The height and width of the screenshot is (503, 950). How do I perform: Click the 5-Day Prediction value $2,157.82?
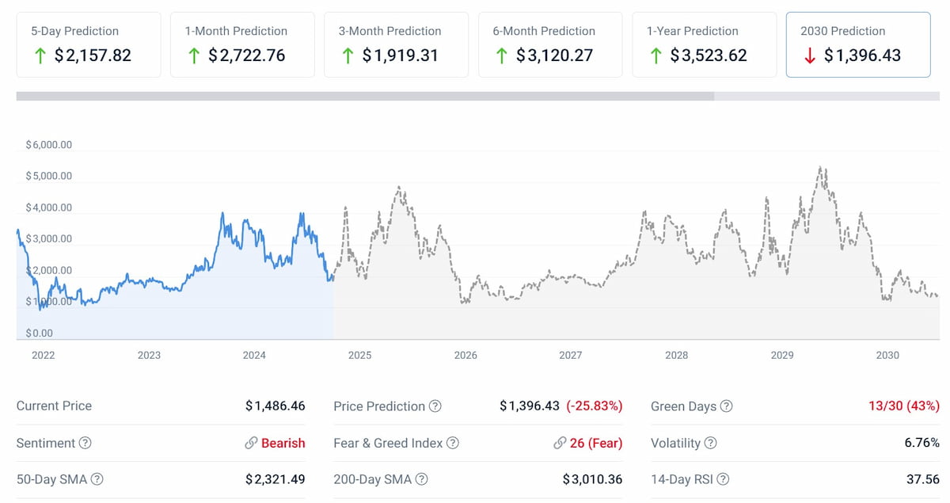point(93,55)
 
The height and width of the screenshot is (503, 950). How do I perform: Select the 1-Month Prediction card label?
point(236,31)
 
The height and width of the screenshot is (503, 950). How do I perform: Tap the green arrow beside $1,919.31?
point(348,55)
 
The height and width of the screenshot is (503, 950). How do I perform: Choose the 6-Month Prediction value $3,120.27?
point(554,55)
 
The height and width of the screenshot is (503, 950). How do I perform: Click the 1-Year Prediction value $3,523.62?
point(708,55)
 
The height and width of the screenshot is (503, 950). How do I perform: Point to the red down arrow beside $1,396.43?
point(808,55)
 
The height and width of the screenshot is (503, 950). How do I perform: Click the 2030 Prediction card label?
point(842,31)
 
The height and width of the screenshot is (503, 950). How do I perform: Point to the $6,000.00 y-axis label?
point(49,145)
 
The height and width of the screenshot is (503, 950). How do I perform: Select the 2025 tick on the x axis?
point(359,355)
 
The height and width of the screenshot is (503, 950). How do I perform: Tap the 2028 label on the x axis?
point(676,355)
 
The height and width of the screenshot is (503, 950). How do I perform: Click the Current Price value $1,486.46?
point(275,406)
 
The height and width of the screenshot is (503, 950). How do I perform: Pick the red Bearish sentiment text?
point(283,443)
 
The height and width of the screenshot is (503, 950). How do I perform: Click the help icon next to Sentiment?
point(85,443)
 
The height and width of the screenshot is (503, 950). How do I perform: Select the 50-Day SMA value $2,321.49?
point(275,479)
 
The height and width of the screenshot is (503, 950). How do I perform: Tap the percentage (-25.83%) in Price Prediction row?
point(594,406)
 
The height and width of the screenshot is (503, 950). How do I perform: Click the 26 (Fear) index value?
point(595,443)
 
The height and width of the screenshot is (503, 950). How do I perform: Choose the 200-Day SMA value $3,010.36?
point(592,479)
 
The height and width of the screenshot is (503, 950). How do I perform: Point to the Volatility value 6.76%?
point(921,443)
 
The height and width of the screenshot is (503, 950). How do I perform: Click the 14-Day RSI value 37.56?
point(923,479)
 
